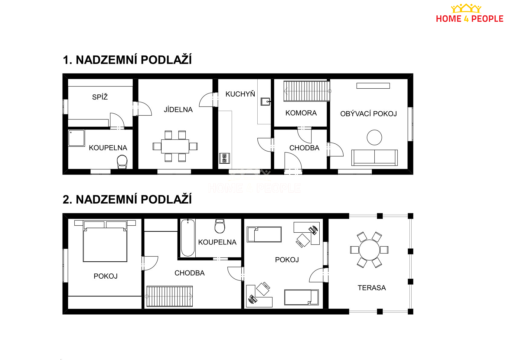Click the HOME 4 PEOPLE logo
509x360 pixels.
coord(469,13)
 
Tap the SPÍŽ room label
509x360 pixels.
coord(100,97)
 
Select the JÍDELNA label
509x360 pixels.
coord(178,110)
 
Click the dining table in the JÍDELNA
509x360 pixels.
coord(175,146)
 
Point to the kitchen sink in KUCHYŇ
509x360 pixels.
coord(265,102)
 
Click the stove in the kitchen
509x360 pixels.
coord(224,158)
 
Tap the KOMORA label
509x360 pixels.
coord(301,113)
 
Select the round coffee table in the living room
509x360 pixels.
coord(374,137)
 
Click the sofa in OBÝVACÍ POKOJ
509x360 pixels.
coord(374,157)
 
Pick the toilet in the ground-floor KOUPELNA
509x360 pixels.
coord(122,162)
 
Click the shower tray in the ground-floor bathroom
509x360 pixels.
coord(76,138)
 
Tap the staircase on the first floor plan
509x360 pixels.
coord(307,91)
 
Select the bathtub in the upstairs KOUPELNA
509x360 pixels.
coord(188,238)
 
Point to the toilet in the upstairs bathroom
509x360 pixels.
coord(220,226)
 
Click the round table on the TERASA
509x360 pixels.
coord(369,250)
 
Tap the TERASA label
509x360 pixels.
coord(372,288)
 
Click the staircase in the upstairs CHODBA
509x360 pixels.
coord(170,296)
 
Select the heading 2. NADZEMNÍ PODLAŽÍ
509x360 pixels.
coord(127,199)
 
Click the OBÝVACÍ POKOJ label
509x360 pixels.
coord(368,114)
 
